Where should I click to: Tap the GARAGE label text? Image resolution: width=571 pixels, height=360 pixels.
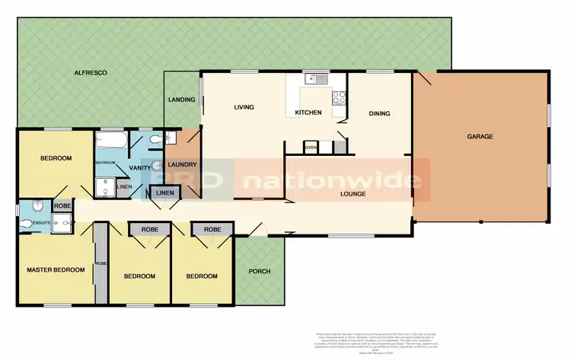click(480, 137)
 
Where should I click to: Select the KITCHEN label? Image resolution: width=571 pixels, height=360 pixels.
click(308, 113)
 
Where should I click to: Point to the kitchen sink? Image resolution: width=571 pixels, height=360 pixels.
click(314, 78)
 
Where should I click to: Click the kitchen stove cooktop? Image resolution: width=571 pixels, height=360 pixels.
click(340, 97)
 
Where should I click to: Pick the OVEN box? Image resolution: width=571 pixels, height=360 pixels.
click(311, 146)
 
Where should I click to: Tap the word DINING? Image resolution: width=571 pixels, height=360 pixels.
click(379, 114)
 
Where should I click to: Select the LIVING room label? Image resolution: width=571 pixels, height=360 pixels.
click(244, 107)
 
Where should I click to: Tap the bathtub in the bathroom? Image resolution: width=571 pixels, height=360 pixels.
click(110, 141)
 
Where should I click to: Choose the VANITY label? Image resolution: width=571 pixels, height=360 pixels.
click(139, 168)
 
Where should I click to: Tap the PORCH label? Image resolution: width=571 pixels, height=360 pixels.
click(260, 271)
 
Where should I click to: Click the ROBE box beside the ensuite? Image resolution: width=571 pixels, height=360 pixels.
click(62, 206)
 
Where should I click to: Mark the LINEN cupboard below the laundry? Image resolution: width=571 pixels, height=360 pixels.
click(164, 193)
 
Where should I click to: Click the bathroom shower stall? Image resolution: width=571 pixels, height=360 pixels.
click(104, 186)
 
